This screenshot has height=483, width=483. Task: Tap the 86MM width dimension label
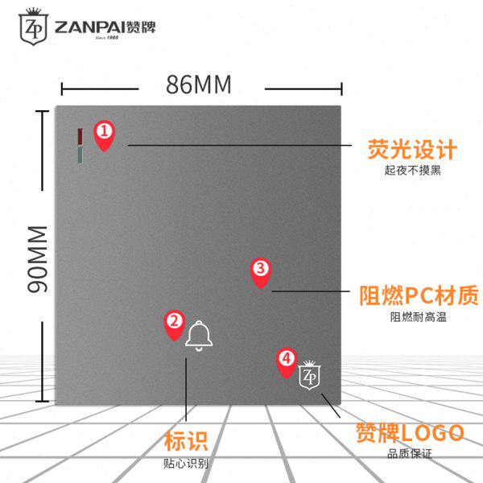pyautogui.click(x=198, y=85)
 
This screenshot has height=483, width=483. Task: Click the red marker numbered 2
pyautogui.click(x=174, y=324)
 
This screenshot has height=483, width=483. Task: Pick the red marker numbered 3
pyautogui.click(x=260, y=273)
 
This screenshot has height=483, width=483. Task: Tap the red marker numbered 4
pyautogui.click(x=286, y=361)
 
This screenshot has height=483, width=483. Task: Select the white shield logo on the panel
pyautogui.click(x=309, y=376)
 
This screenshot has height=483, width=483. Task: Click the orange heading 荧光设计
pyautogui.click(x=412, y=150)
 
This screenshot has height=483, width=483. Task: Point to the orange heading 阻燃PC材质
pyautogui.click(x=418, y=294)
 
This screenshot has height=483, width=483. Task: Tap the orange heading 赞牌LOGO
pyautogui.click(x=410, y=432)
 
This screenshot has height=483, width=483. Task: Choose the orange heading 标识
pyautogui.click(x=186, y=441)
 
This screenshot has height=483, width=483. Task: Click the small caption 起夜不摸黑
pyautogui.click(x=412, y=171)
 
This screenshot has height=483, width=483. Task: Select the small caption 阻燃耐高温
pyautogui.click(x=418, y=317)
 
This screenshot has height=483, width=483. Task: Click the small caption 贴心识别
pyautogui.click(x=186, y=463)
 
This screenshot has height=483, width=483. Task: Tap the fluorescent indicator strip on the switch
pyautogui.click(x=79, y=145)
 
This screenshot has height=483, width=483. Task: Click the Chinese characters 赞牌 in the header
pyautogui.click(x=142, y=26)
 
